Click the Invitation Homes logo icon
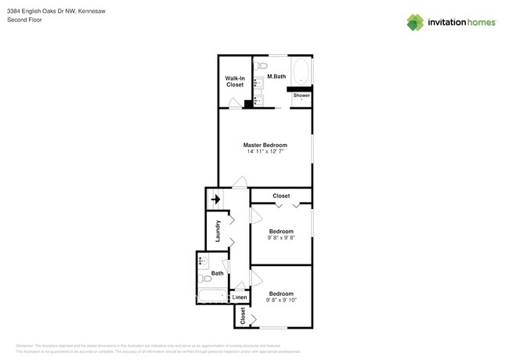pyautogui.click(x=416, y=23)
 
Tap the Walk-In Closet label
pyautogui.click(x=235, y=81)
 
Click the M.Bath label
pyautogui.click(x=276, y=77)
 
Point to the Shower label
pyautogui.click(x=301, y=95)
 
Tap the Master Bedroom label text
pyautogui.click(x=265, y=145)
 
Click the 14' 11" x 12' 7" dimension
pyautogui.click(x=265, y=152)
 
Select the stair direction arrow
pyautogui.click(x=215, y=200)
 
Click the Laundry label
pyautogui.click(x=218, y=231)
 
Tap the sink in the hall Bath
pyautogui.click(x=202, y=261)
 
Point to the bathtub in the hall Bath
pyautogui.click(x=210, y=297)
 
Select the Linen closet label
pyautogui.click(x=240, y=298)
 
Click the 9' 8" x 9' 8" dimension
pyautogui.click(x=280, y=238)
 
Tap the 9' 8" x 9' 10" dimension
pyautogui.click(x=281, y=300)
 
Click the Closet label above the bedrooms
pyautogui.click(x=280, y=196)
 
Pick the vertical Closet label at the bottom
pyautogui.click(x=243, y=316)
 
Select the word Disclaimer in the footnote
pyautogui.click(x=25, y=345)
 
